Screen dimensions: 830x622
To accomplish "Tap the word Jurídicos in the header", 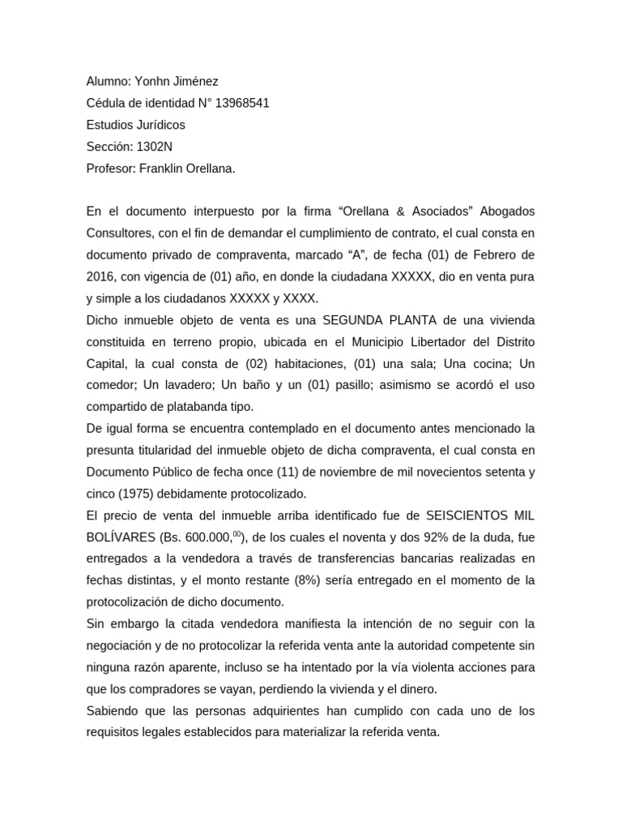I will coord(159,125).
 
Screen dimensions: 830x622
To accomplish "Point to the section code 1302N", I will coord(154,147).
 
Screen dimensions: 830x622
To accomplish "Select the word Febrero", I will coord(483,255).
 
